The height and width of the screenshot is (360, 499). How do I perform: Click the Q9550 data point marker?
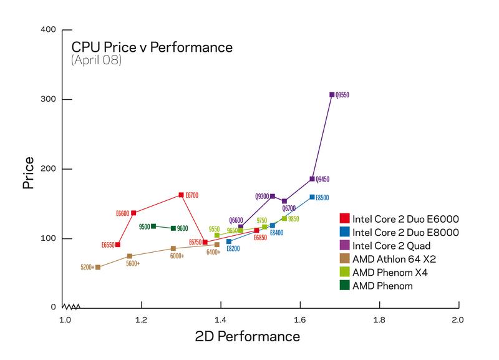[x=332, y=95]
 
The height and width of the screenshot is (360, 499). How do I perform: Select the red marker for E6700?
[x=181, y=195]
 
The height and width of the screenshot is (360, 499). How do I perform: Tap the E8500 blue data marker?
[x=312, y=197]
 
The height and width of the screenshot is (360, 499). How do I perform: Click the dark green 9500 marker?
[x=153, y=226]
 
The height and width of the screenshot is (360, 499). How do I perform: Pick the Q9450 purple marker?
[x=312, y=179]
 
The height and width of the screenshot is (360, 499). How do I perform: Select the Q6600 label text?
[x=236, y=220]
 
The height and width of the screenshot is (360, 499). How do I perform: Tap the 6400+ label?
[x=213, y=253]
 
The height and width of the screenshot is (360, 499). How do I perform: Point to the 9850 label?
[x=294, y=219]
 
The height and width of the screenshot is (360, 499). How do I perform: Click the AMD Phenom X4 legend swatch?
[x=344, y=273]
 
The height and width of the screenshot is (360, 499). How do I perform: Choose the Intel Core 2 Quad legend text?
[x=387, y=246]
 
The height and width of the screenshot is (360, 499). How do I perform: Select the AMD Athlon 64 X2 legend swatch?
[x=344, y=259]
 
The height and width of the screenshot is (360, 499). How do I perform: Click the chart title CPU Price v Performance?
[x=152, y=47]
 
